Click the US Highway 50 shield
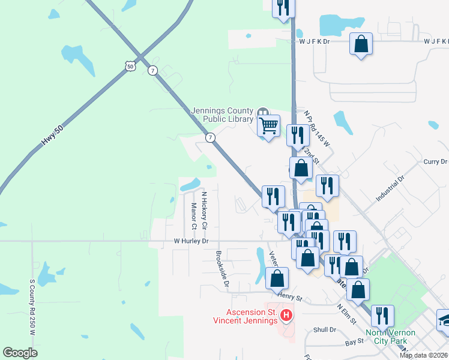pos(130,66)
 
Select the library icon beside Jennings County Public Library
pos(262,113)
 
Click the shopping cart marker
pos(268,126)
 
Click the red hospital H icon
pos(286,314)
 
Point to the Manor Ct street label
pos(194,217)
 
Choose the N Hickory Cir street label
pos(204,210)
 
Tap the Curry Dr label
pos(436,162)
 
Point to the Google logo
pos(20,352)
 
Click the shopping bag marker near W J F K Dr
pos(361,44)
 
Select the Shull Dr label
pos(324,330)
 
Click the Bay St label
pos(355,341)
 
